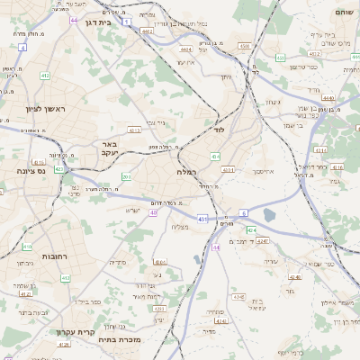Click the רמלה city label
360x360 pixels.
point(186,171)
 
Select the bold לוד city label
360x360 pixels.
point(217,130)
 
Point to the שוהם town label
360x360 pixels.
point(343,13)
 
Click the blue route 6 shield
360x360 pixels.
point(243,213)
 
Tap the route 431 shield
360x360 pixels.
point(202,218)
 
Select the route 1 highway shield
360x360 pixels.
point(127,20)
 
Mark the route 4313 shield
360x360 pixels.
point(133,130)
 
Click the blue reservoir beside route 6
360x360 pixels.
point(270,215)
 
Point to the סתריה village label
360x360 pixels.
point(118,262)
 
